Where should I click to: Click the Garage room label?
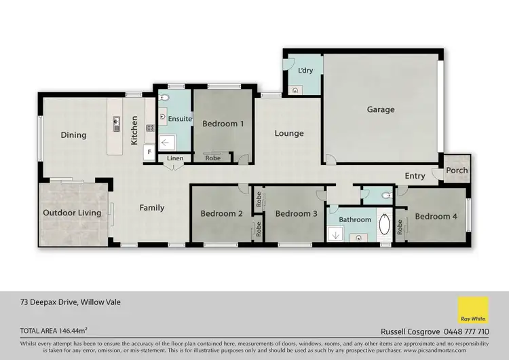[x=381, y=109]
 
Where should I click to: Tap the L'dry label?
[x=305, y=71]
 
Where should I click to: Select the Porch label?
[x=457, y=170]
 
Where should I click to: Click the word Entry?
[x=415, y=176]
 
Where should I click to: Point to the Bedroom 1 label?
[x=223, y=124]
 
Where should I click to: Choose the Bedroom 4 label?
[x=436, y=216]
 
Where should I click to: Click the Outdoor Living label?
[x=72, y=213]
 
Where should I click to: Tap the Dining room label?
[x=73, y=134]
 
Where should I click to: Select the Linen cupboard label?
[x=175, y=158]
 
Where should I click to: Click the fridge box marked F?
[x=147, y=153]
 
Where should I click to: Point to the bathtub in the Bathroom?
[x=384, y=223]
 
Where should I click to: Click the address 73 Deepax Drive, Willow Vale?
[x=71, y=302]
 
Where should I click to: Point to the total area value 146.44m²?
[x=74, y=331]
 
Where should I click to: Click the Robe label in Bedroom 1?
[x=212, y=158]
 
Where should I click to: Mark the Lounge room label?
[x=289, y=133]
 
